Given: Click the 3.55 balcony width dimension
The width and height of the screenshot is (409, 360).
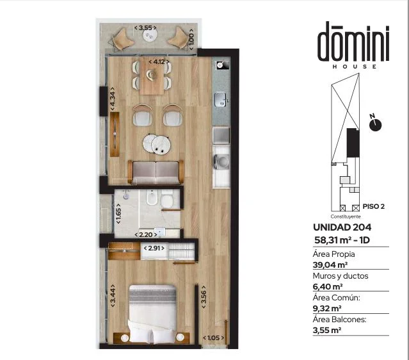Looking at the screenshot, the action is tap(145, 28).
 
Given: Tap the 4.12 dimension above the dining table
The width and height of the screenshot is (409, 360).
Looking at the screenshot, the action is tap(159, 62).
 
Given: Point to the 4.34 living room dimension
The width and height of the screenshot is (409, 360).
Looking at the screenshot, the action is tap(113, 99).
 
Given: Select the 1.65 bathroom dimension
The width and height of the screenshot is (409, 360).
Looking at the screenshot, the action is tap(118, 213).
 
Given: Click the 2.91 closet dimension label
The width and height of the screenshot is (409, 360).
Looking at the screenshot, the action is tap(154, 248).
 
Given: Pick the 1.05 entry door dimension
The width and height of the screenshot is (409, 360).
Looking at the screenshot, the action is tap(213, 338).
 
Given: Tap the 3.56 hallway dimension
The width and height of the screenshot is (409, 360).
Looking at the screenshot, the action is tap(204, 297).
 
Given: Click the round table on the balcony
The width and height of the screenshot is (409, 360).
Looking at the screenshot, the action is tap(150, 35).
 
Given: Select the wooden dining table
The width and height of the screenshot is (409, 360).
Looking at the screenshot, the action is tap(152, 76).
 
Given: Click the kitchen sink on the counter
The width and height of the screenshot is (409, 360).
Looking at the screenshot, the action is tap(221, 100).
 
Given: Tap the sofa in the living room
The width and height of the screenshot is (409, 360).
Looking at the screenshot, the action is tap(156, 172).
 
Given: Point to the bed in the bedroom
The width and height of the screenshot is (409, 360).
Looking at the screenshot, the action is tap(152, 313).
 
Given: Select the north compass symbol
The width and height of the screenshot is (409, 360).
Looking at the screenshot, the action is tap(375, 124).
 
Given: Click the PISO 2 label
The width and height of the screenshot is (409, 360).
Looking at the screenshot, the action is tap(374, 206).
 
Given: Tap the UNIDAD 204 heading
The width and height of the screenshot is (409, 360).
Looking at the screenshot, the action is tap(342, 227).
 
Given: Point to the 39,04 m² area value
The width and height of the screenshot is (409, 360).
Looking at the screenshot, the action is tap(330, 265).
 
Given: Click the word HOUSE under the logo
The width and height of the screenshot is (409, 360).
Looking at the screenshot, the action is tap(355, 67).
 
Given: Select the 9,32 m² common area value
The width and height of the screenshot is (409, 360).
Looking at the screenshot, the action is tap(327, 308).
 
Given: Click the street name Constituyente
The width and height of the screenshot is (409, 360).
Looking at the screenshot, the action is tap(346, 217).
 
